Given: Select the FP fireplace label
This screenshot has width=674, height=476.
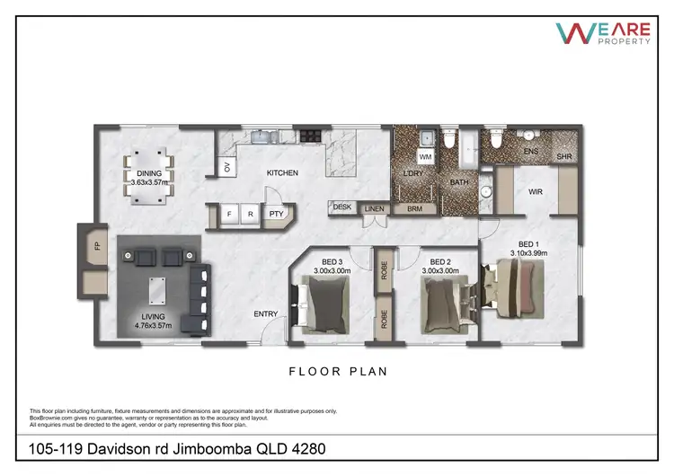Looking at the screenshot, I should click(95, 245).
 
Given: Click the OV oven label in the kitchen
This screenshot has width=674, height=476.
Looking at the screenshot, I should click(227, 167).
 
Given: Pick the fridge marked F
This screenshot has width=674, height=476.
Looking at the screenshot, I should click(229, 216).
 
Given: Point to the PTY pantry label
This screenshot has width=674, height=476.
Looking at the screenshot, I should click(276, 216).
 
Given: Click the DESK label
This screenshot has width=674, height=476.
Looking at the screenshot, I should click(342, 207).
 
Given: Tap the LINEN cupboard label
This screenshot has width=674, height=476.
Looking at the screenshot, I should click(375, 209).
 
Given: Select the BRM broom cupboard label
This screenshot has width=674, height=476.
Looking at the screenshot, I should click(414, 208).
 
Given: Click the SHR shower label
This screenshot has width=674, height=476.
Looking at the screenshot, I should click(563, 157).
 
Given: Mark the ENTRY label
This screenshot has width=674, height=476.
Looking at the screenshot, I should click(265, 313).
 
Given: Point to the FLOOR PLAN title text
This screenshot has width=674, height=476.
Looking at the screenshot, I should click(337, 370).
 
